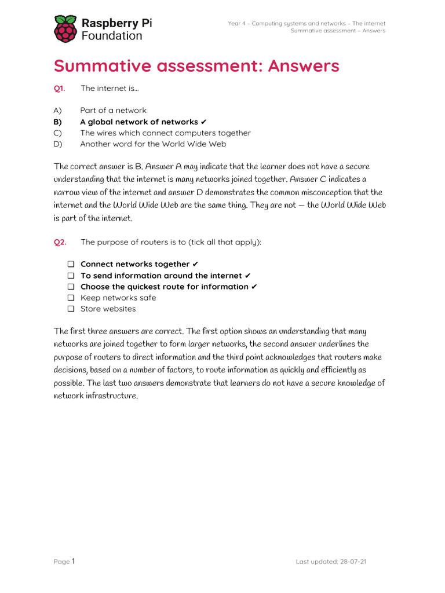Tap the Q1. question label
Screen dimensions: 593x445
click(60, 88)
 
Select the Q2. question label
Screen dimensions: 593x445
click(60, 242)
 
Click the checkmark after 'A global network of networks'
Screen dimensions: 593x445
click(203, 122)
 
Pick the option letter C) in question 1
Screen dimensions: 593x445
click(57, 133)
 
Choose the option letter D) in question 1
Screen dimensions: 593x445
click(57, 144)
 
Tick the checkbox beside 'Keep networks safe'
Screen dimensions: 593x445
click(71, 298)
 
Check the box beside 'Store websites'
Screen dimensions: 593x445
click(71, 309)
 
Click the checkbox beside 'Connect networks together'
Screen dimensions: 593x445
click(71, 265)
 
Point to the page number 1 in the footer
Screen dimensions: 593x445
click(74, 561)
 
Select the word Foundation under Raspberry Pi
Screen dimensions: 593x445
click(111, 36)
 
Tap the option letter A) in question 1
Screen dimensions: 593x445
click(57, 111)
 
